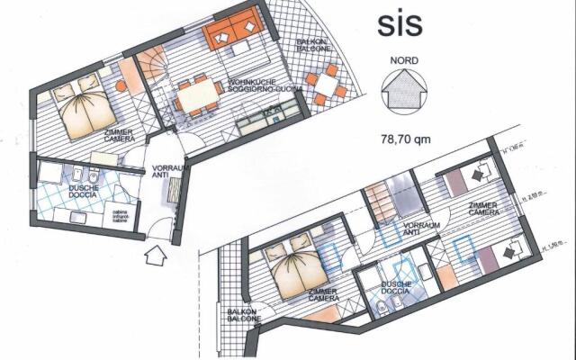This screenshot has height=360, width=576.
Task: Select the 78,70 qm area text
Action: pos(405,139)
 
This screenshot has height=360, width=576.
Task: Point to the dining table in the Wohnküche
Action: pos(201,93)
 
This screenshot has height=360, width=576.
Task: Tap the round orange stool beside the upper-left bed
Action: pos(120,86)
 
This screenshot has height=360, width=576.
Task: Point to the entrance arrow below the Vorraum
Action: pos(155,256)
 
